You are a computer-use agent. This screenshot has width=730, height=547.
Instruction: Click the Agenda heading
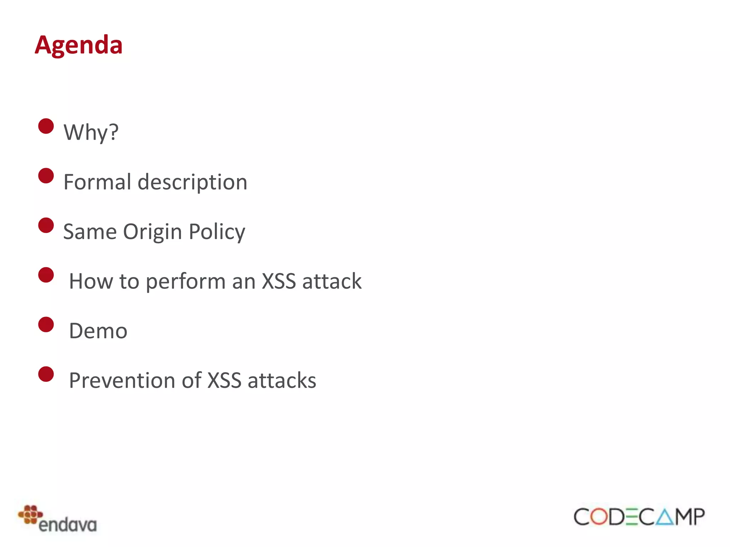(79, 45)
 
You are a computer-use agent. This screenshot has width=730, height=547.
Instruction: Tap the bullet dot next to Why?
(46, 126)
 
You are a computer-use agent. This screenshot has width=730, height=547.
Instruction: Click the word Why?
(91, 132)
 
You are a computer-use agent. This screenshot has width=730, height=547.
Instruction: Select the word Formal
(97, 182)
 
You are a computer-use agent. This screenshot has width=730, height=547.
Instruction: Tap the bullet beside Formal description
(46, 176)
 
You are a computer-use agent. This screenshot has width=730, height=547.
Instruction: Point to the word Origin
(153, 232)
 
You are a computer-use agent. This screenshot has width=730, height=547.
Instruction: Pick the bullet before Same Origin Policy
(46, 225)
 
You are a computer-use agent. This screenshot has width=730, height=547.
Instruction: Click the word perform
(186, 282)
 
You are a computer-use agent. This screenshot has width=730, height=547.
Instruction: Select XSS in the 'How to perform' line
(279, 281)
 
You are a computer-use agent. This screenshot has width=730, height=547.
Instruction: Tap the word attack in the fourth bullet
(331, 281)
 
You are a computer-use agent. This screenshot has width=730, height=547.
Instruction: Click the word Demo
(98, 331)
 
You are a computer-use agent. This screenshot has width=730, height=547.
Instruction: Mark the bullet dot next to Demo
(46, 324)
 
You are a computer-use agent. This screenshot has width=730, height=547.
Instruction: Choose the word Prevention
(122, 380)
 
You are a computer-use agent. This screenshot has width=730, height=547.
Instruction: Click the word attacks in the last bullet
(282, 380)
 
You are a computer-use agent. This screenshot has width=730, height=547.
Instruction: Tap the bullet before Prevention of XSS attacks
(46, 374)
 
